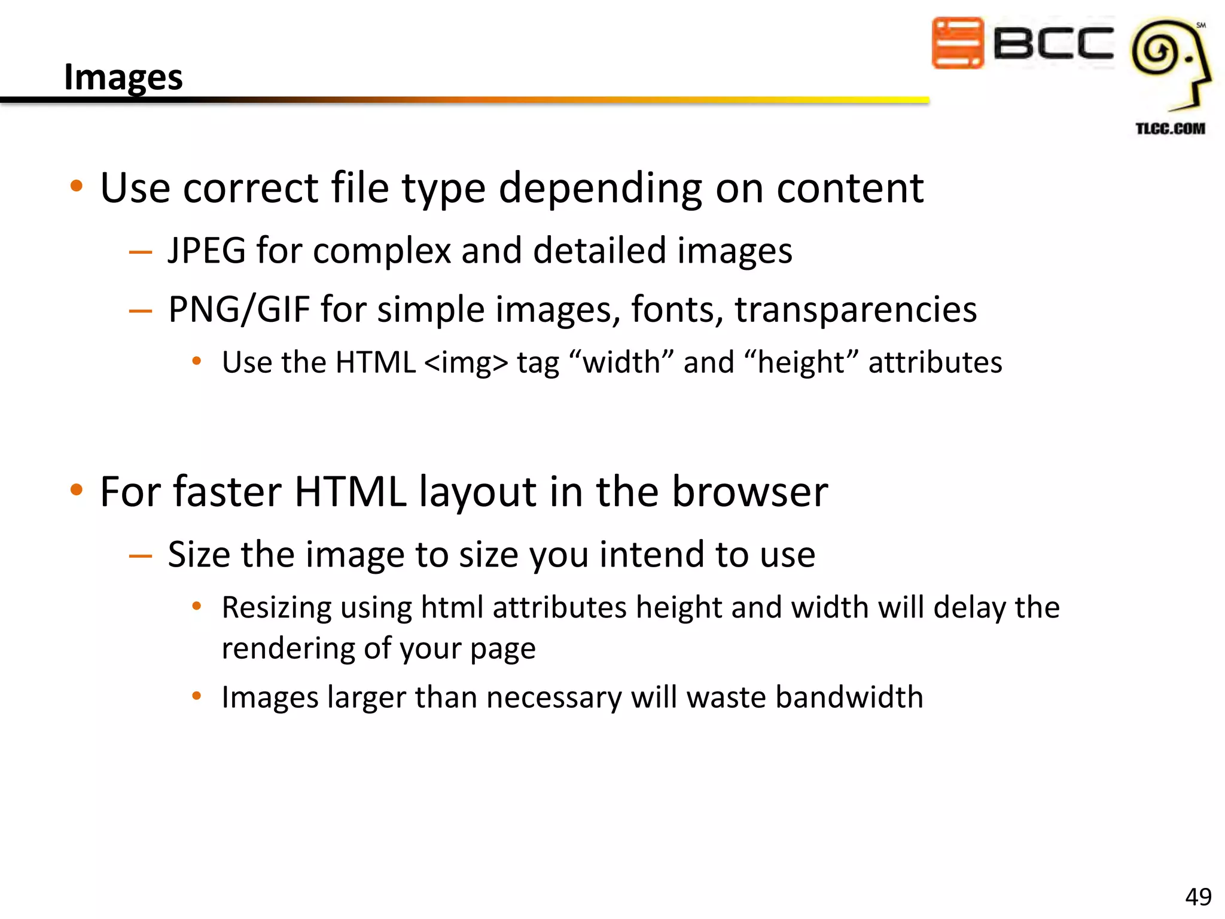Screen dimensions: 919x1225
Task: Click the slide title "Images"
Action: click(x=123, y=77)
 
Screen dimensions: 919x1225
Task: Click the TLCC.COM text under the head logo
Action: click(x=1170, y=129)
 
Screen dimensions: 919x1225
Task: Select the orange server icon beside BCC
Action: click(x=957, y=43)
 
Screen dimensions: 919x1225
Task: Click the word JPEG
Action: click(x=207, y=250)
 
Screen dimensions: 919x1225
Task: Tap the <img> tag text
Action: click(x=466, y=363)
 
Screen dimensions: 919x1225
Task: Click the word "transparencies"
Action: click(x=855, y=309)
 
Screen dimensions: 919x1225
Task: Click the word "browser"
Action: click(x=750, y=492)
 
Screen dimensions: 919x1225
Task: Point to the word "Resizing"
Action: click(x=276, y=608)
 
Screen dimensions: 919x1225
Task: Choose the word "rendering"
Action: click(x=287, y=649)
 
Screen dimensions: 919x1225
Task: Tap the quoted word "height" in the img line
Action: click(x=801, y=363)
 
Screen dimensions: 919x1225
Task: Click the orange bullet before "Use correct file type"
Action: click(x=76, y=186)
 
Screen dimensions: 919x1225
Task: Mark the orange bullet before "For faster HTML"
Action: click(x=76, y=490)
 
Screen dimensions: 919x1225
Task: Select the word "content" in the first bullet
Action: click(x=850, y=188)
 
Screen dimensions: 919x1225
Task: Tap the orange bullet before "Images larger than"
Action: click(x=196, y=696)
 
